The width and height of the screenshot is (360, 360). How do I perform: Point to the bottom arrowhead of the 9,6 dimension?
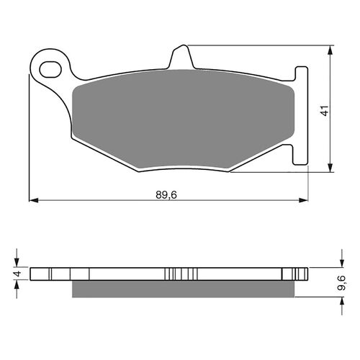(x=330, y=297)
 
